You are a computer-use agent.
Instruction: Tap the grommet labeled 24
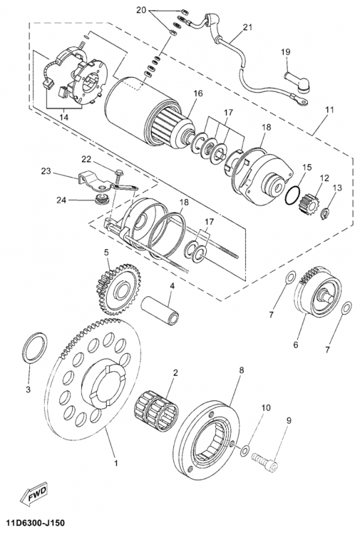coord(103,199)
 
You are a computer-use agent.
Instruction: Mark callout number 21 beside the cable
coord(248,27)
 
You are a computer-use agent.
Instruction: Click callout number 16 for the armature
coord(198,95)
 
